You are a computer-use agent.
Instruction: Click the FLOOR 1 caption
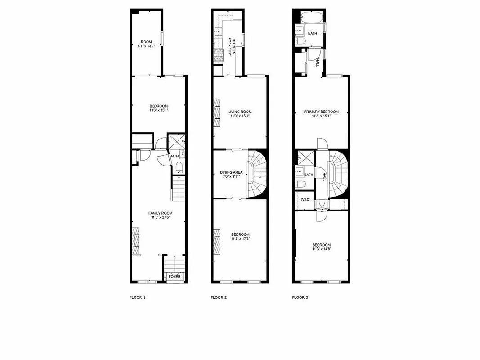137,297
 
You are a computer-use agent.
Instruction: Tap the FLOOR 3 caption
300,297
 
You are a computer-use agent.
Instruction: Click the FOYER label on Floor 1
175,276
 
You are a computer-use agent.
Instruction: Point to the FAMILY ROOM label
161,213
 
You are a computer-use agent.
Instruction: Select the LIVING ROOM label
240,112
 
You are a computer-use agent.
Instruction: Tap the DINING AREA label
231,172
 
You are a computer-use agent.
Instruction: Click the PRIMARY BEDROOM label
321,112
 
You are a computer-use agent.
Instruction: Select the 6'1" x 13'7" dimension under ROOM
147,46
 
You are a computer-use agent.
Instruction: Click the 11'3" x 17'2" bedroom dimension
240,239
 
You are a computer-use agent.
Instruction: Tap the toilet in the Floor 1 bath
179,169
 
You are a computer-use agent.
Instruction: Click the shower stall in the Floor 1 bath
175,143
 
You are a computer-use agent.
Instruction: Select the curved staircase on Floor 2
257,173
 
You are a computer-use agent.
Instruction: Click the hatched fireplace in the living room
216,109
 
